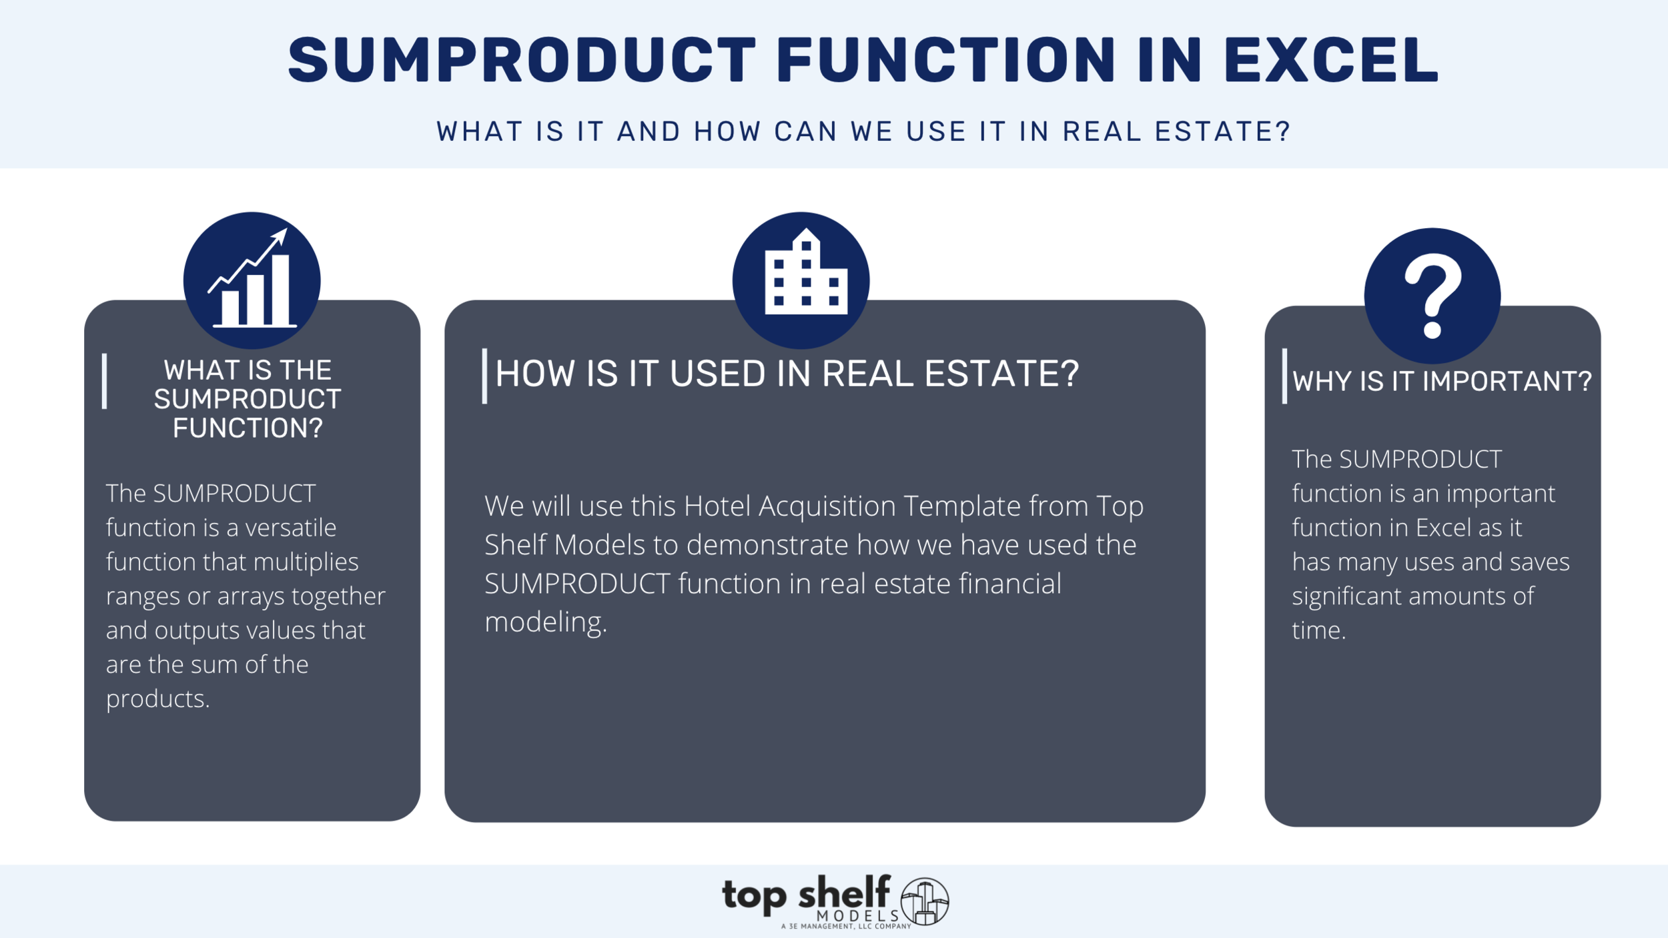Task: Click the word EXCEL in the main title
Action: (x=1330, y=60)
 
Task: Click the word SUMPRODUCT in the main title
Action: (x=522, y=60)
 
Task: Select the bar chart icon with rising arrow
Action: (x=252, y=280)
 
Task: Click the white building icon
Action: (x=805, y=273)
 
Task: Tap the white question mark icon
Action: (x=1432, y=295)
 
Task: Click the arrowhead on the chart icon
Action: (x=280, y=236)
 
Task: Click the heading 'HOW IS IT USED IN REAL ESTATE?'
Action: (x=787, y=374)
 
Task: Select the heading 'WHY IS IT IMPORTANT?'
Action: (x=1442, y=382)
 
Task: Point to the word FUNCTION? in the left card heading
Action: (x=248, y=428)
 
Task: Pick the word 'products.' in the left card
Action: (x=158, y=699)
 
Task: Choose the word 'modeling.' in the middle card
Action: (x=546, y=622)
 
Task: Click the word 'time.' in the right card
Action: (x=1318, y=630)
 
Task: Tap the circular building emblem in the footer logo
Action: (x=925, y=901)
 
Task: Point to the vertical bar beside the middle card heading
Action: (x=484, y=376)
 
